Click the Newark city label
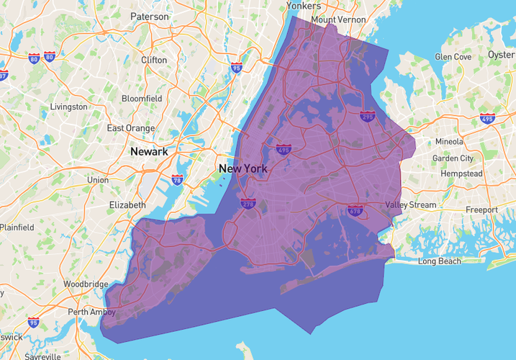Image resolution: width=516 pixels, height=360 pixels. [x=149, y=152]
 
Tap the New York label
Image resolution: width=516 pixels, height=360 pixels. [x=243, y=169]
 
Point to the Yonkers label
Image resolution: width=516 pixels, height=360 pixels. [x=303, y=6]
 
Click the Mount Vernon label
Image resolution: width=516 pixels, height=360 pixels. [x=338, y=20]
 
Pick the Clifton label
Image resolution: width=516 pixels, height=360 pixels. [x=154, y=60]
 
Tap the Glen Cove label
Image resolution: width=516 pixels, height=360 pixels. [x=453, y=57]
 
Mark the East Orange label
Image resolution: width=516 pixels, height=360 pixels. [x=131, y=128]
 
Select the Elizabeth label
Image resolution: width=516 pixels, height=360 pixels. [x=127, y=205]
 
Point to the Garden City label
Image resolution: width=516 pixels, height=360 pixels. [x=453, y=158]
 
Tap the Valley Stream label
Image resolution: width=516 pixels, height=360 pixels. [x=411, y=205]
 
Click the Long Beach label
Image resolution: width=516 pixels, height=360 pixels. [x=439, y=261]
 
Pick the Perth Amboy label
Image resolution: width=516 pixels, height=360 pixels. [x=92, y=312]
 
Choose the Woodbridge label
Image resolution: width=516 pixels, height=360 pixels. [x=85, y=284]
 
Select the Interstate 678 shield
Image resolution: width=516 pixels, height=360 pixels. [x=355, y=211]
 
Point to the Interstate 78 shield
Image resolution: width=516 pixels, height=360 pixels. [x=177, y=179]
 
